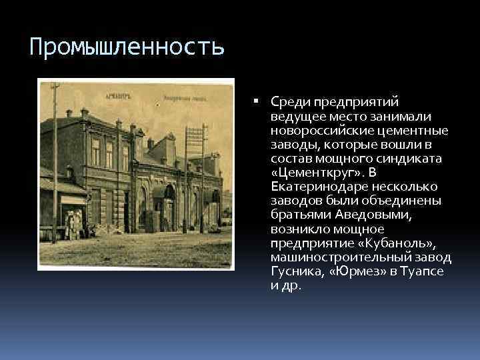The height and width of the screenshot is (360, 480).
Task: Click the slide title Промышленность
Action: [x=127, y=47]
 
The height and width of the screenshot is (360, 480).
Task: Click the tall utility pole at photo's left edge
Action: [x=54, y=160]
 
